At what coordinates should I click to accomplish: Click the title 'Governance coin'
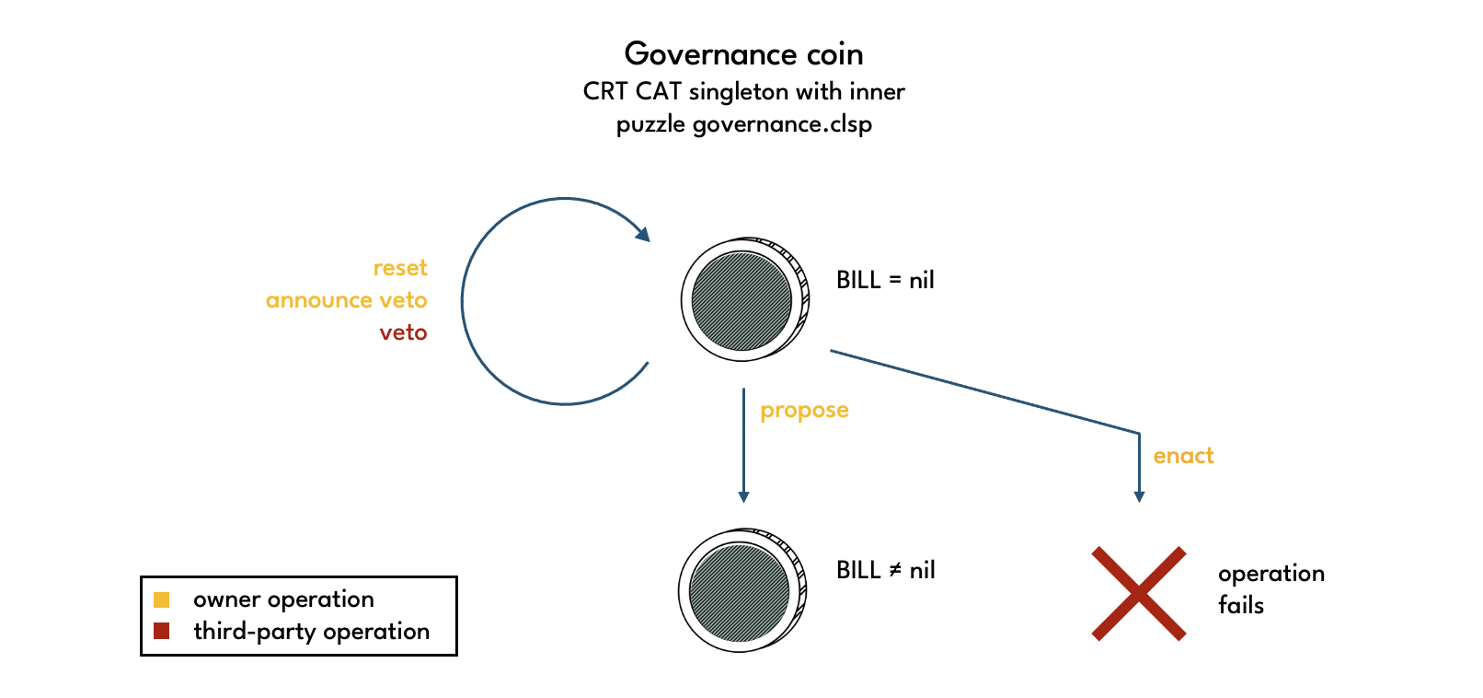click(743, 53)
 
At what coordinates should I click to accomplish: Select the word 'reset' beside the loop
click(400, 268)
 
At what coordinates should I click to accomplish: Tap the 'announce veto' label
click(346, 300)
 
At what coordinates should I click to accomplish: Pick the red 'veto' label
click(403, 332)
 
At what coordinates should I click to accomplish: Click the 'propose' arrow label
click(804, 411)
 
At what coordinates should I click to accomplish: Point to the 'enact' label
click(1183, 456)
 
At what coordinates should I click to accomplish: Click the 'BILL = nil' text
click(885, 280)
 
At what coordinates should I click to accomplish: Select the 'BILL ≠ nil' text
click(885, 570)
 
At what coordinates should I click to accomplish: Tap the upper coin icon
click(744, 300)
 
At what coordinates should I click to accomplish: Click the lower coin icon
click(741, 590)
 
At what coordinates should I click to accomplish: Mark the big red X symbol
click(1139, 593)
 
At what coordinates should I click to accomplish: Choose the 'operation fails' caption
click(1270, 589)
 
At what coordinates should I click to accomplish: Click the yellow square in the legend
click(162, 599)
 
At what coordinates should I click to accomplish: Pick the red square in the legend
click(162, 631)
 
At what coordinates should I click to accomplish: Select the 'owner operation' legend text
click(283, 599)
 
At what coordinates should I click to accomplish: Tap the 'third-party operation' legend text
click(311, 632)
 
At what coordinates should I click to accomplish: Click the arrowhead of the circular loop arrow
click(642, 234)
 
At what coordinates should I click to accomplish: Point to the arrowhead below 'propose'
click(743, 497)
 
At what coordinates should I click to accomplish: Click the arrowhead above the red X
click(1139, 497)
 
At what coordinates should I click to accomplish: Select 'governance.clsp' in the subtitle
click(782, 124)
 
